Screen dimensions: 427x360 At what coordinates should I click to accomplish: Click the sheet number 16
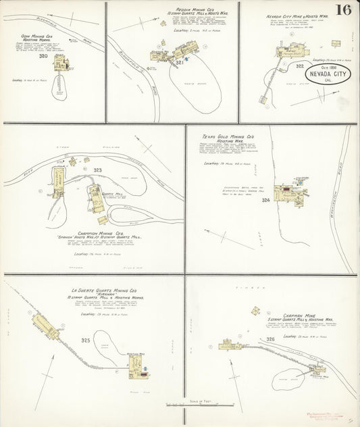coord(344,10)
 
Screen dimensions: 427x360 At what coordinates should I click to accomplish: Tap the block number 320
coord(44,56)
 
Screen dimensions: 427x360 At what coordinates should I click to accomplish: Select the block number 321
coord(180,62)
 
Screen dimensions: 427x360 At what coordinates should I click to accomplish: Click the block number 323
coord(98,170)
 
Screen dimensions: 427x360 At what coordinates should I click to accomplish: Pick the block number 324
coord(265,200)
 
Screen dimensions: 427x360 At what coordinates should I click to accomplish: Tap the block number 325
coord(86,340)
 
